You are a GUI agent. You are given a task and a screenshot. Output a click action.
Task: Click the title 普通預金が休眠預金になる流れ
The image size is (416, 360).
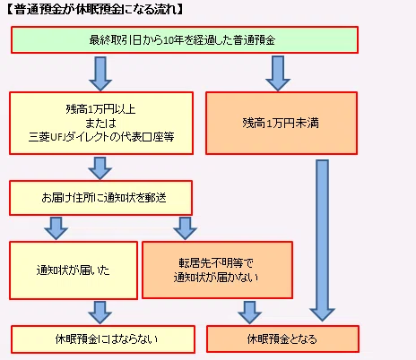(x=94, y=10)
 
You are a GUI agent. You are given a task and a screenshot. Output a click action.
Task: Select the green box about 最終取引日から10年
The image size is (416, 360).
(x=185, y=40)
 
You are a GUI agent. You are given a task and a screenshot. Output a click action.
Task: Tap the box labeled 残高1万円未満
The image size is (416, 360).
(x=282, y=123)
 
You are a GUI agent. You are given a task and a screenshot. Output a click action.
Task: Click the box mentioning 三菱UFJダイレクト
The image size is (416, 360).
(x=101, y=123)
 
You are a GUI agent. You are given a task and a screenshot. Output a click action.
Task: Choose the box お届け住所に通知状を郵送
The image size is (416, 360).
(x=100, y=198)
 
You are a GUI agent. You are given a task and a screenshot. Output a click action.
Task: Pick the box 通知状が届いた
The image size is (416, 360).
(x=74, y=270)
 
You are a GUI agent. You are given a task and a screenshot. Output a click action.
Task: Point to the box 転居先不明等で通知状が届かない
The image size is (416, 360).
(x=217, y=270)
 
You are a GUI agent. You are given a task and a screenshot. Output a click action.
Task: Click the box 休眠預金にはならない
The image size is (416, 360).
(x=103, y=339)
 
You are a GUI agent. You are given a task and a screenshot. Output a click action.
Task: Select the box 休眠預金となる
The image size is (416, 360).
(x=282, y=339)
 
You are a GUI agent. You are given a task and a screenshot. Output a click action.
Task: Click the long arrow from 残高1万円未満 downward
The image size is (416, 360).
(x=323, y=240)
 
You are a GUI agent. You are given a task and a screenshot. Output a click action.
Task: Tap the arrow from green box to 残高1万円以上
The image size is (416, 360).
(x=100, y=73)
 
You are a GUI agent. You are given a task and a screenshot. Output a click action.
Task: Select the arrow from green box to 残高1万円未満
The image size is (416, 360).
(x=278, y=73)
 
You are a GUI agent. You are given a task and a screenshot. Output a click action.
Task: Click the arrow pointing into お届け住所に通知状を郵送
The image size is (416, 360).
(x=100, y=168)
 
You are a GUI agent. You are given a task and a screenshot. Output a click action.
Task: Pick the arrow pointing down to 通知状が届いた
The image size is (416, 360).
(x=56, y=228)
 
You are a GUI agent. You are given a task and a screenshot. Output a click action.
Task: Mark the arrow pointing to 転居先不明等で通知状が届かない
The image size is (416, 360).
(x=186, y=228)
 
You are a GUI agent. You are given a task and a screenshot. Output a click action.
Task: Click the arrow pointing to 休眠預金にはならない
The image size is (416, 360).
(x=100, y=313)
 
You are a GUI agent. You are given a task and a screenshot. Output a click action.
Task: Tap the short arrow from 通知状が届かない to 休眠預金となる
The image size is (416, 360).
(x=250, y=313)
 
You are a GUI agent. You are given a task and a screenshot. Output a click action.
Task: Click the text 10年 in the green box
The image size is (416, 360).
(x=175, y=40)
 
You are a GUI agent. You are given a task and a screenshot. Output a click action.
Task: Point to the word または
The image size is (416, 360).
(x=100, y=123)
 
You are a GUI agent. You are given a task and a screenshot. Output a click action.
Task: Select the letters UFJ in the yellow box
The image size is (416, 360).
(x=57, y=137)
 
